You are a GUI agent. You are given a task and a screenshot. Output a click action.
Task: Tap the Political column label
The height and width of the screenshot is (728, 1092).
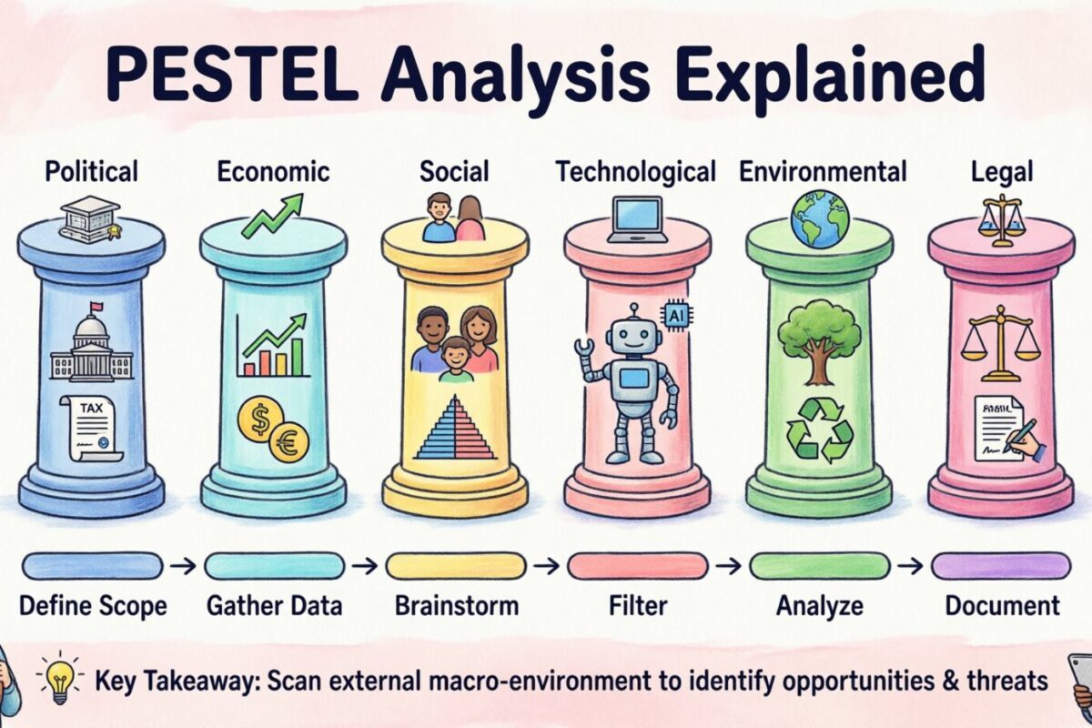click(x=91, y=171)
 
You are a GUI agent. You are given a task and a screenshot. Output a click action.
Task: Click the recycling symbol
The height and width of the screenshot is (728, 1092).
click(x=819, y=428)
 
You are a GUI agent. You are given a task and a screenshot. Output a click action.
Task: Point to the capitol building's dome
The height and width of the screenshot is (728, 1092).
click(x=91, y=328)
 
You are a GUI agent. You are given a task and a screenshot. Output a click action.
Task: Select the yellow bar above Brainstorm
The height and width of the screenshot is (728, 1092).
click(x=455, y=566)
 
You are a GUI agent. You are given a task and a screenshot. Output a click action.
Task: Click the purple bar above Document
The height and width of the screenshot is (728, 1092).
click(x=1000, y=566)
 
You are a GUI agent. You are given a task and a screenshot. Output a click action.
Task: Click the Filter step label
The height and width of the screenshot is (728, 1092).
click(x=637, y=605)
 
